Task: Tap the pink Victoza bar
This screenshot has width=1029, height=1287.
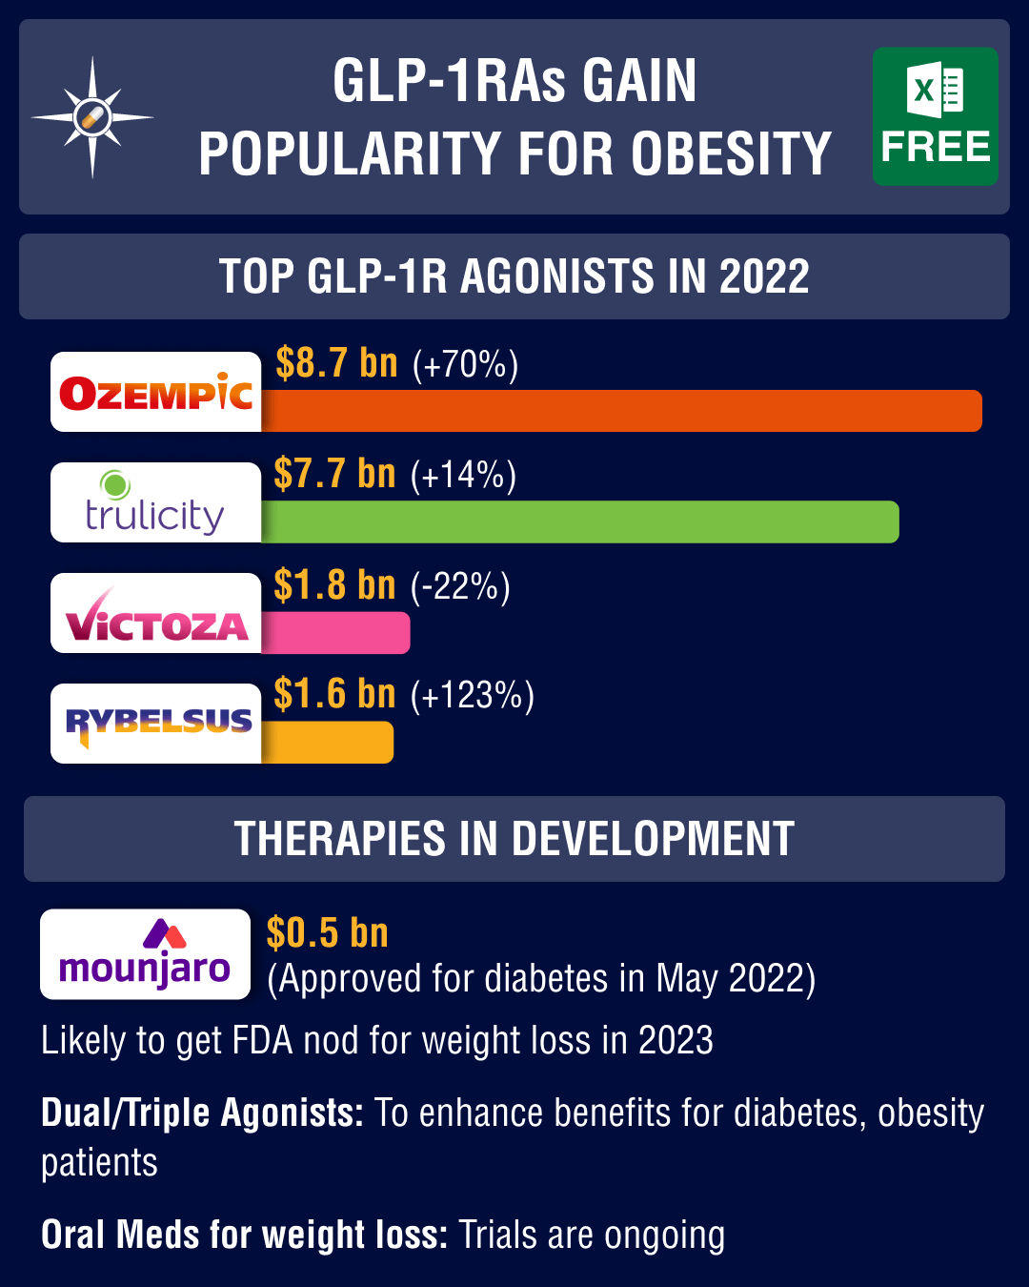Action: (335, 632)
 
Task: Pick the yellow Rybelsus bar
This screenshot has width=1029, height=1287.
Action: (327, 743)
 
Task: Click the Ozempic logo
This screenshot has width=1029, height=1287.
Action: (156, 392)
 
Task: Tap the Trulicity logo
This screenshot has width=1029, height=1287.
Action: (156, 502)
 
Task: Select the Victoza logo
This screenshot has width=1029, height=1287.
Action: (156, 613)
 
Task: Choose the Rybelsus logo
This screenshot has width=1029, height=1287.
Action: (156, 724)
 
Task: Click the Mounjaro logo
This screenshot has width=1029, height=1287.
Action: (145, 954)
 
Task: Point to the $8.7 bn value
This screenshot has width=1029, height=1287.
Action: (336, 363)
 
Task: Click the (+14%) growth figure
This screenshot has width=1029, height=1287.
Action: (463, 475)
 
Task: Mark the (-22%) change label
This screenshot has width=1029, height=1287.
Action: (460, 586)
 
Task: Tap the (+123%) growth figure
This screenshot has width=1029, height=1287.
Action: (472, 695)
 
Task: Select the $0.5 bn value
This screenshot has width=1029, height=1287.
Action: (327, 932)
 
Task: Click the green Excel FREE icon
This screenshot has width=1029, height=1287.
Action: (935, 116)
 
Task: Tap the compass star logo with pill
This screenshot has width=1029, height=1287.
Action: (92, 117)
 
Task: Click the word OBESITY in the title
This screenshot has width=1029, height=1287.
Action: (731, 153)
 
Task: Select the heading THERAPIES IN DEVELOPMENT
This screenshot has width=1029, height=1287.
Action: (514, 839)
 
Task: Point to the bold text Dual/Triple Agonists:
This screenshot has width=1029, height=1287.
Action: (202, 1113)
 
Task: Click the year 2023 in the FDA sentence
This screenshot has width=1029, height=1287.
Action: (676, 1040)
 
